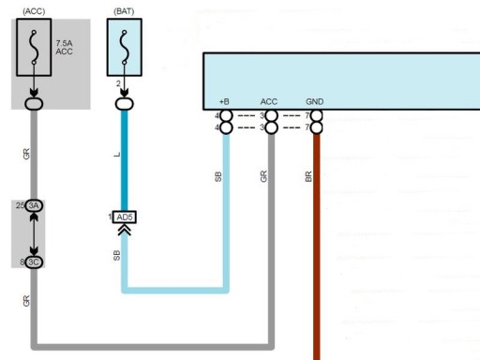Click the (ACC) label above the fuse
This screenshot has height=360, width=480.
(34, 11)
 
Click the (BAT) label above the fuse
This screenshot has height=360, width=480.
(124, 11)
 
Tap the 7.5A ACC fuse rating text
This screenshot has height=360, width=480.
(64, 47)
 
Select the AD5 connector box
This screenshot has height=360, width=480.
(125, 217)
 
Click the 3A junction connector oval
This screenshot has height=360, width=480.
(34, 205)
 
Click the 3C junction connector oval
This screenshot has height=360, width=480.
(34, 262)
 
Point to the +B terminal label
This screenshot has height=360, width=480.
(224, 101)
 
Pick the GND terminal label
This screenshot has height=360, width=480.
(314, 101)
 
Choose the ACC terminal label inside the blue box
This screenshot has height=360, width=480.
(269, 101)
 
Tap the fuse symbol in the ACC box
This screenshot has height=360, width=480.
(34, 47)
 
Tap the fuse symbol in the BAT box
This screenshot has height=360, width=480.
(125, 47)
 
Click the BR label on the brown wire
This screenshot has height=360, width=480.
(308, 176)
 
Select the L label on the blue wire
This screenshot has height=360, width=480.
(117, 155)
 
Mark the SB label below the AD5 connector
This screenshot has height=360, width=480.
(116, 255)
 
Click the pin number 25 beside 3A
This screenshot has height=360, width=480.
(20, 205)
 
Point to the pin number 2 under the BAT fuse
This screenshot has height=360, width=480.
(118, 83)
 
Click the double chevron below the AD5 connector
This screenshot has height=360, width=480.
(125, 231)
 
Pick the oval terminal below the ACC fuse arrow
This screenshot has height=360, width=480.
(34, 104)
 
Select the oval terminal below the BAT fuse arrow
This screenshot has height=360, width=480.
(125, 104)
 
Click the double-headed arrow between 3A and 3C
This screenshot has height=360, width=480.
(34, 233)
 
